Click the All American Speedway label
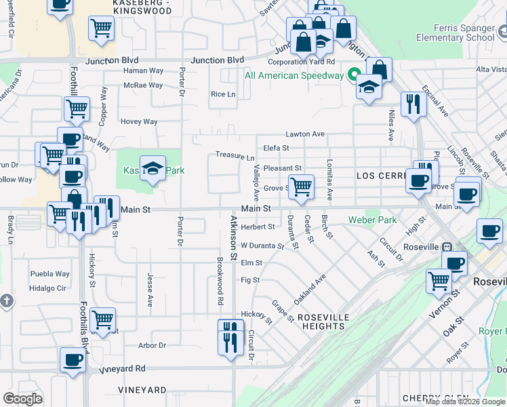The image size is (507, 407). tap(294, 75)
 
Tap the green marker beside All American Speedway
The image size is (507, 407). tap(353, 75)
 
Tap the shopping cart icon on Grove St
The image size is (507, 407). tap(301, 186)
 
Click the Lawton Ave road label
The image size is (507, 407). tap(305, 134)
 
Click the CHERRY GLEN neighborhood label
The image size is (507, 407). tap(431, 398)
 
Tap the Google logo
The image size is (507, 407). tap(22, 399)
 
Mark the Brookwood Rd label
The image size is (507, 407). tap(220, 280)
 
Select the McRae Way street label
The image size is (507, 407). tap(143, 85)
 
